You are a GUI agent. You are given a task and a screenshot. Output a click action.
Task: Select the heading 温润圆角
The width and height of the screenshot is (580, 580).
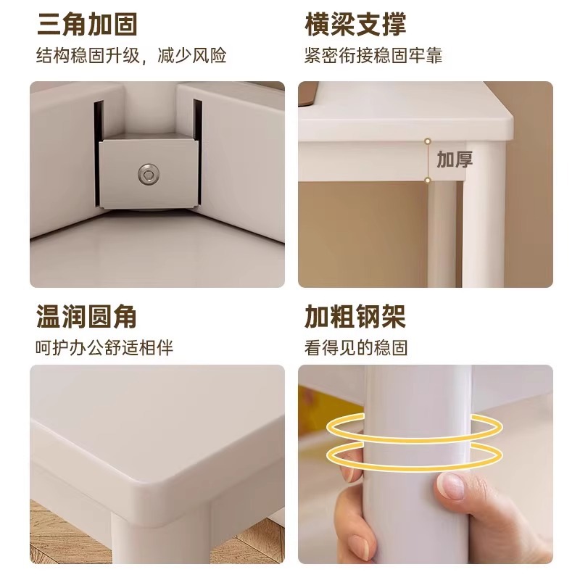coord(87,317)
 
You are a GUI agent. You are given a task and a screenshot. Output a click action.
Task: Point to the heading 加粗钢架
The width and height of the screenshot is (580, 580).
coord(355,317)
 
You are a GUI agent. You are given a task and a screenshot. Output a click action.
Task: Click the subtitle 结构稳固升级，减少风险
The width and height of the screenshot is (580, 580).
coord(131,55)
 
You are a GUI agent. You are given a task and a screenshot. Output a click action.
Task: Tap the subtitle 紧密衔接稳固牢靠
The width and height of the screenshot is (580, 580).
coord(373,55)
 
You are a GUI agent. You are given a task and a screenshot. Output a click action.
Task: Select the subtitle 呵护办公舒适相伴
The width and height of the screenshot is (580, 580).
coord(105,348)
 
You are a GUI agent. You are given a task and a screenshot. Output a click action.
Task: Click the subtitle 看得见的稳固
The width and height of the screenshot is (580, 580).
coord(356,348)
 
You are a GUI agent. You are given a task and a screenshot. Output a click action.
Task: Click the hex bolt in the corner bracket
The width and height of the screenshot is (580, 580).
coord(147,173)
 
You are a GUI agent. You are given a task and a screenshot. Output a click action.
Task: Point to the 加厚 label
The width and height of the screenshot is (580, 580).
coord(455,159)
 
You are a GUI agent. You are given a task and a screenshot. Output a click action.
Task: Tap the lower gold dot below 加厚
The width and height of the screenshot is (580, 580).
coord(428,180)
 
